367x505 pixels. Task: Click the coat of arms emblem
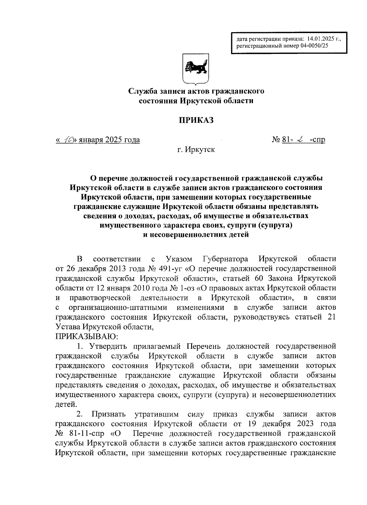pos(196,68)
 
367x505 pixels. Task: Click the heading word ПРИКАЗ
pos(196,120)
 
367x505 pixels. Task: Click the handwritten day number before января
pos(67,140)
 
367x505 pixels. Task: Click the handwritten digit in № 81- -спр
pos(300,140)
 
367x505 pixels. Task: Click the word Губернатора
pos(225,259)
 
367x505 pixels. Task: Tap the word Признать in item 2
pos(108,414)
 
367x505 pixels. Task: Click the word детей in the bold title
pos(236,235)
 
